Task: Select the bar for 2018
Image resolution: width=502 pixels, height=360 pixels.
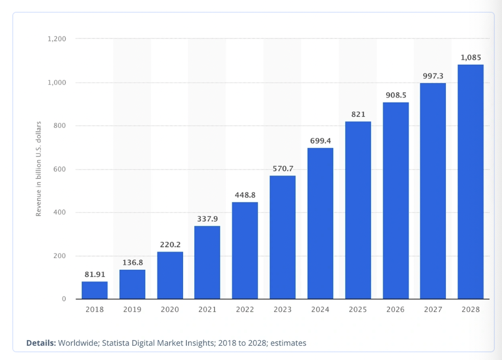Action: (x=94, y=290)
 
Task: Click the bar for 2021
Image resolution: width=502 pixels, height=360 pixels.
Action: (x=207, y=262)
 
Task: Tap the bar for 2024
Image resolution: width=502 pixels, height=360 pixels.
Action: (x=320, y=223)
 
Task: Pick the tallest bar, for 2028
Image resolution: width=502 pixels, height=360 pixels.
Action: (x=470, y=182)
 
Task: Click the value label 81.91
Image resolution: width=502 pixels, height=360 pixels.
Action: (x=94, y=274)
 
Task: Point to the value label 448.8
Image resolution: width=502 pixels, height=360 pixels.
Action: (x=245, y=194)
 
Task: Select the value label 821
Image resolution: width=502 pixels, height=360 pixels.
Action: (x=358, y=114)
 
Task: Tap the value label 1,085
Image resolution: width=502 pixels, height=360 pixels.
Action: (x=470, y=57)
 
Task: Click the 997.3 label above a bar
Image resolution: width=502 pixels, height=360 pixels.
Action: (x=433, y=75)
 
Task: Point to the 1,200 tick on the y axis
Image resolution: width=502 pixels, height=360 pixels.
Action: (x=57, y=39)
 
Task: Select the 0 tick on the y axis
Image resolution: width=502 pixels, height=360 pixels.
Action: (x=64, y=299)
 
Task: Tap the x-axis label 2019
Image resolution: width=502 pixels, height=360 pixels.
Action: (x=132, y=310)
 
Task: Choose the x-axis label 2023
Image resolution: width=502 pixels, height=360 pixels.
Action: (x=283, y=310)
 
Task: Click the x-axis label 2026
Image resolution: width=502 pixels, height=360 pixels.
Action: (x=395, y=310)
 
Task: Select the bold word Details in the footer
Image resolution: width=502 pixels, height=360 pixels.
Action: (x=41, y=343)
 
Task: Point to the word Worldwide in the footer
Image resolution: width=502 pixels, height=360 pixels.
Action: (x=78, y=343)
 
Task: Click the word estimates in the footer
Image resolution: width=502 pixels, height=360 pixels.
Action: (x=288, y=343)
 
